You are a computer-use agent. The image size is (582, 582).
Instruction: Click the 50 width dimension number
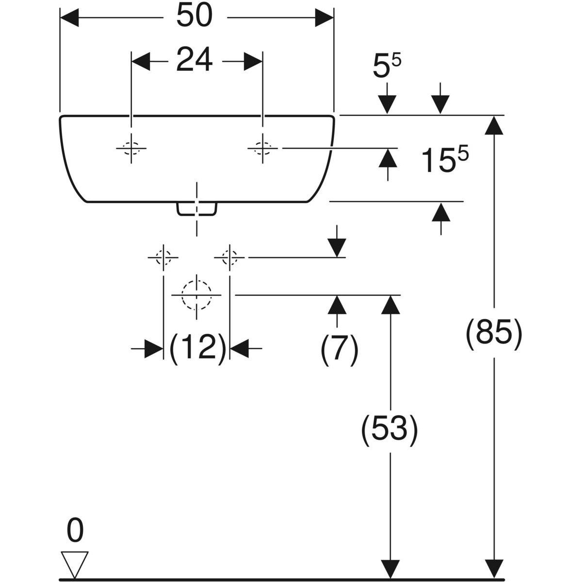[194, 16]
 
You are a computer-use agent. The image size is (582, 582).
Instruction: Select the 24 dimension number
[194, 61]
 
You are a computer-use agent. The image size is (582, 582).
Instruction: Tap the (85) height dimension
[494, 334]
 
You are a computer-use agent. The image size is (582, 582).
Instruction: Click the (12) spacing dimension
[198, 348]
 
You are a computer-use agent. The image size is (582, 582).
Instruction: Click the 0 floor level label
[74, 531]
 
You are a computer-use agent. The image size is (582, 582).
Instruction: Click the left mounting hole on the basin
[131, 148]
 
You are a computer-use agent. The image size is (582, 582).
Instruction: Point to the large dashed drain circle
[196, 294]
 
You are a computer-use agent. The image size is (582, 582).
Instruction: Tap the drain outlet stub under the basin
[196, 209]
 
